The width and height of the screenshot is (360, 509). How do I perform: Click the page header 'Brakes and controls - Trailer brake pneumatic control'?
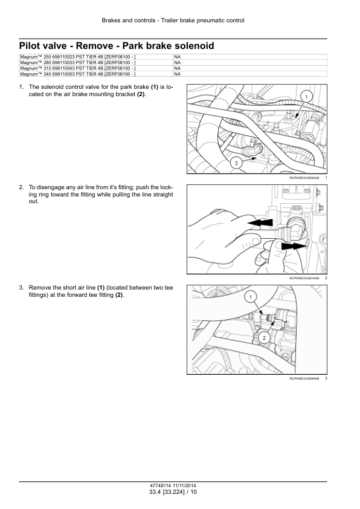pos(173,21)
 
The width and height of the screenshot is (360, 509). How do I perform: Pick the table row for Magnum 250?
pos(173,57)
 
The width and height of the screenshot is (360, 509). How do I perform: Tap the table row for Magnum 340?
pos(173,74)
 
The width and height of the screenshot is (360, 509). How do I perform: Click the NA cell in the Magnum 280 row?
pos(178,63)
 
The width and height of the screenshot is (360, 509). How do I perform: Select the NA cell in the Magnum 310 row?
pos(178,68)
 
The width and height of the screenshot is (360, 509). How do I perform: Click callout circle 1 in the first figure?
pos(306,96)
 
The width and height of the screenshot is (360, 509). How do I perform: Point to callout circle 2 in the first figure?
pos(236,163)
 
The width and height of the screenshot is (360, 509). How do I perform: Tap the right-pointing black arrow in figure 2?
pos(294,247)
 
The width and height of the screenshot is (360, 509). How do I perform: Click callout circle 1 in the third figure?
pos(250,297)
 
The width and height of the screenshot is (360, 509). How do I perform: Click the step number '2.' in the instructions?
pos(21,187)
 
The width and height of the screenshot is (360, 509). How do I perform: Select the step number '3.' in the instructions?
pos(21,288)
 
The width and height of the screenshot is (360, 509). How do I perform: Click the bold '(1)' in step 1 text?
pos(155,87)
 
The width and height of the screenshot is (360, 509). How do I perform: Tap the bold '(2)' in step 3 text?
pos(119,295)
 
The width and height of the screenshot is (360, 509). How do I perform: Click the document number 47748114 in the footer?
pos(159,486)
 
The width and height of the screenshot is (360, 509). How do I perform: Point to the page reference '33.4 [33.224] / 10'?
pos(173,492)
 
